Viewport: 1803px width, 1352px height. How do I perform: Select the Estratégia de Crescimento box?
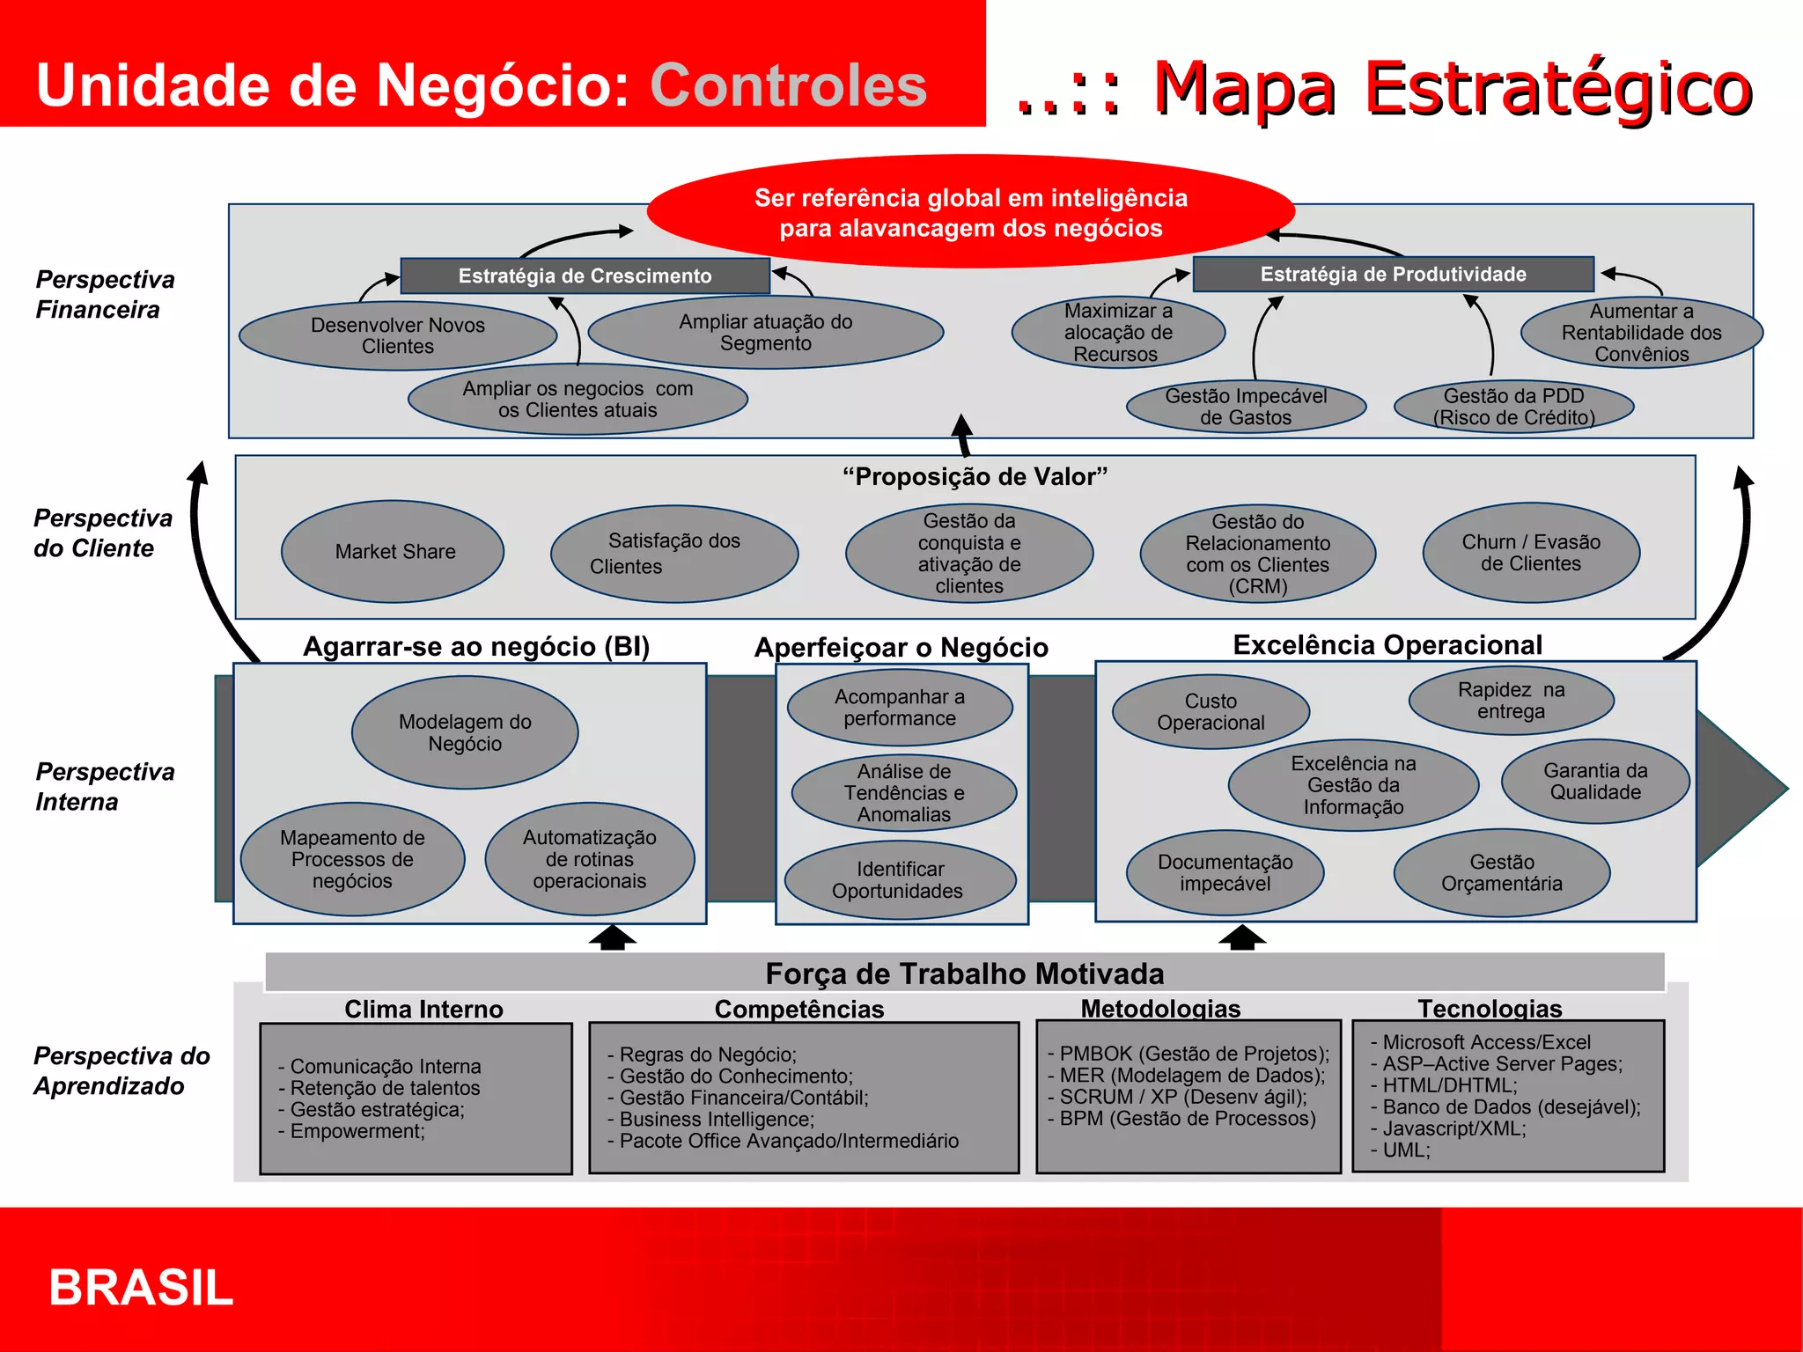tap(585, 276)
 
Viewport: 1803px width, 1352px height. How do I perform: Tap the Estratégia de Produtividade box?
tap(1393, 274)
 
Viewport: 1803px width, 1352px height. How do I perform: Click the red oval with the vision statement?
tap(970, 212)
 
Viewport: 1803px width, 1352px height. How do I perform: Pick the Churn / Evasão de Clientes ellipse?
tap(1531, 553)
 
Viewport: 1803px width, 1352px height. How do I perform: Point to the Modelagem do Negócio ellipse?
tap(465, 732)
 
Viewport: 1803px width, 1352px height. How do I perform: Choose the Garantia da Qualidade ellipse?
tap(1595, 782)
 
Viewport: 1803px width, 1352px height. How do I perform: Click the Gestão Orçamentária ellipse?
tap(1502, 873)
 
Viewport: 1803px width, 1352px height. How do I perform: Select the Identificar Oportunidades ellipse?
tap(900, 880)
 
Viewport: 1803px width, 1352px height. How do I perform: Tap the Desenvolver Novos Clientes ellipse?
tap(398, 335)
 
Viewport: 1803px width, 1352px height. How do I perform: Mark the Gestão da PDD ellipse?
tap(1514, 407)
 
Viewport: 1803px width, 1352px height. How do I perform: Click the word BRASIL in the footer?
tap(141, 1288)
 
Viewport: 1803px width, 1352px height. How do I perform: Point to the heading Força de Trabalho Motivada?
tap(965, 974)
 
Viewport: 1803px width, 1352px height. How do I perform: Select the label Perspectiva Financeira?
tap(105, 295)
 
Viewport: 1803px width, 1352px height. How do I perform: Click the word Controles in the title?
tap(788, 85)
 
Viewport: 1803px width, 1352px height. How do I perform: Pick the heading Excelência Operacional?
tap(1387, 644)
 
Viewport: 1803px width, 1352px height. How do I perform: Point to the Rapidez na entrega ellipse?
tap(1511, 701)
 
